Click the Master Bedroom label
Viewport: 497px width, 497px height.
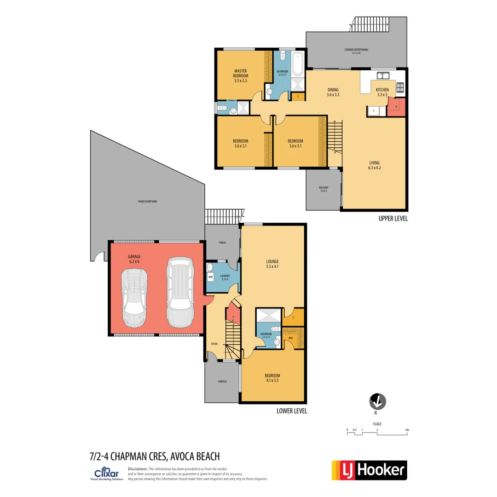[x=241, y=75]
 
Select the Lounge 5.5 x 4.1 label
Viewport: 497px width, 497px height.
[x=272, y=264]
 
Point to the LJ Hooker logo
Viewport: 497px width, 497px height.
[x=369, y=470]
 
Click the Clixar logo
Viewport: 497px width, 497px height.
[x=107, y=474]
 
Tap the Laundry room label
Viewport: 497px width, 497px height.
[x=225, y=277]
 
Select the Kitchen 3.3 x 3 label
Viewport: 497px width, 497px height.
[x=382, y=92]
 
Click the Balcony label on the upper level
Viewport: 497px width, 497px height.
[x=324, y=189]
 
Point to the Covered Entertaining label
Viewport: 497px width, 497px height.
[x=356, y=51]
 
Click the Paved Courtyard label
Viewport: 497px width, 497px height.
[x=147, y=202]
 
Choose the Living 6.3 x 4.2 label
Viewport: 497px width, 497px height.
[x=374, y=165]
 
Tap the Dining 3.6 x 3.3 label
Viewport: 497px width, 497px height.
[x=333, y=92]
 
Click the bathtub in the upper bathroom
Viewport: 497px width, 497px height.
[x=297, y=64]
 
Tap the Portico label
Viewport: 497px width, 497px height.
[x=222, y=382]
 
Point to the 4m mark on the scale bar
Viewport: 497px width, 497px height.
[x=407, y=430]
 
